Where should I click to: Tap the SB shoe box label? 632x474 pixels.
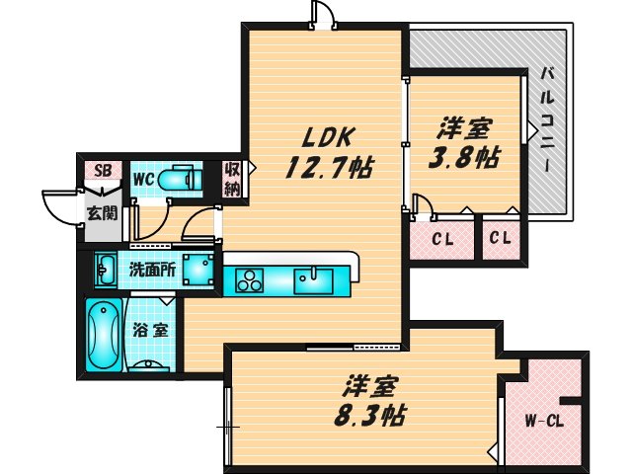(102, 170)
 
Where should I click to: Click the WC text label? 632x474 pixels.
(142, 179)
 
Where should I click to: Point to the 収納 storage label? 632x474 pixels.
(233, 179)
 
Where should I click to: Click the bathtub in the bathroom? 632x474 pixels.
(103, 335)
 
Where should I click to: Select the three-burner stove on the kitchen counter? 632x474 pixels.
(248, 279)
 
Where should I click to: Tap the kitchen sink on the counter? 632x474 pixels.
(312, 276)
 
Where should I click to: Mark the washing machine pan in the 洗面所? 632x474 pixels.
(199, 268)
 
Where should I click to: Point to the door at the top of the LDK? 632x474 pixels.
(323, 14)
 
